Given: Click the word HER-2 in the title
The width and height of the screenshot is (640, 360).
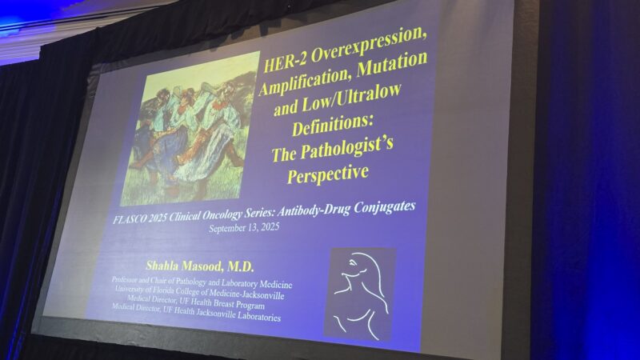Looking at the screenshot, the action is [x=286, y=62].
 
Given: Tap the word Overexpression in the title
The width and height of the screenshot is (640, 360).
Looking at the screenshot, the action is [x=369, y=45].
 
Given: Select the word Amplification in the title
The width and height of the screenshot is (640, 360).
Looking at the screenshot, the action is [x=305, y=82].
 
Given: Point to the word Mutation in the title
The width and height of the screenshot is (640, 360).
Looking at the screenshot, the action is [x=392, y=65].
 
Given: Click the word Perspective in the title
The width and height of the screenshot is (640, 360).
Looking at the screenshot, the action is [x=328, y=174].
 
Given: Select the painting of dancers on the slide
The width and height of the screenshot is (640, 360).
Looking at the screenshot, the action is [x=190, y=129].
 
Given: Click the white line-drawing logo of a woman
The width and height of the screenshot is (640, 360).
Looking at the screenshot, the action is [x=359, y=294].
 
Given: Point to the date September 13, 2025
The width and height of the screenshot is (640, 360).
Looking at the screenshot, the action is [x=244, y=227].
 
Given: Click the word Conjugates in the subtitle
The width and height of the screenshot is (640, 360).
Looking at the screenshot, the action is [x=385, y=207].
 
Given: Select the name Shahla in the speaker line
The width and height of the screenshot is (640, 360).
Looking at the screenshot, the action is [x=162, y=266].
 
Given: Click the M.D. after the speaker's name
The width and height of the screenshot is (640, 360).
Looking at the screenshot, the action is [x=241, y=267].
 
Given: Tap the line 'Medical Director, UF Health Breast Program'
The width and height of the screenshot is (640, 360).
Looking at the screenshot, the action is [x=195, y=302].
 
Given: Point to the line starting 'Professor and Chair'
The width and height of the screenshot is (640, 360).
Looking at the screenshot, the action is [x=202, y=282].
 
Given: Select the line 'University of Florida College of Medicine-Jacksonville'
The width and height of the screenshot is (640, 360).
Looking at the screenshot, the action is [x=199, y=292].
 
